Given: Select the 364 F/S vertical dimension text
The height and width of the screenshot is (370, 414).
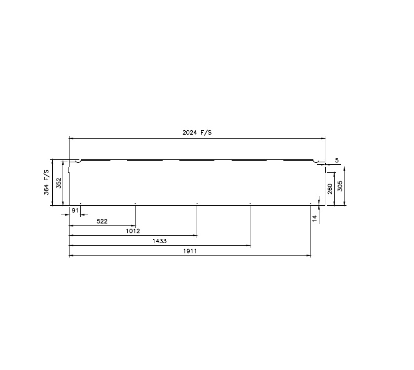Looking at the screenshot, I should [x=47, y=182].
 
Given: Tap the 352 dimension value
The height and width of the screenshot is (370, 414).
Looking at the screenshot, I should [x=58, y=183].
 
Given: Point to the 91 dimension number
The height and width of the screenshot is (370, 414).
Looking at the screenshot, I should [x=75, y=211].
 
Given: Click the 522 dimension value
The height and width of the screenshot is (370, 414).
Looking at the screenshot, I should [x=102, y=221].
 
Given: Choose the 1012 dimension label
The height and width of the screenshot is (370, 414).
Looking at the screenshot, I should [x=133, y=231].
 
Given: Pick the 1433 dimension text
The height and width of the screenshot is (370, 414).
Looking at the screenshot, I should [x=159, y=241].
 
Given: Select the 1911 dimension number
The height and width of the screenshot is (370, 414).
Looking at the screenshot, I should [x=190, y=251].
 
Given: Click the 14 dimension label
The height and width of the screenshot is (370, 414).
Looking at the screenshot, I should [x=315, y=218].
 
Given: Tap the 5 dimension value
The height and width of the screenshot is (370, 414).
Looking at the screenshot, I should [x=337, y=160].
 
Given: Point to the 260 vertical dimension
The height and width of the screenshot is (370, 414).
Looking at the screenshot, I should [x=330, y=189].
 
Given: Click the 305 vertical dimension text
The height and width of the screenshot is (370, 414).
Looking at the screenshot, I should [x=340, y=186].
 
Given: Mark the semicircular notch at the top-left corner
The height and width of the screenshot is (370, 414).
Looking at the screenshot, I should [x=78, y=160].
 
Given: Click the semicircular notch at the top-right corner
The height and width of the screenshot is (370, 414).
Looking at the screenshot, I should [x=316, y=160].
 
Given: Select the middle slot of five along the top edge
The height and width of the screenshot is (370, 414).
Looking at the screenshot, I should [x=197, y=160].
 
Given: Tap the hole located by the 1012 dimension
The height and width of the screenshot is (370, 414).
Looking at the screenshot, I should [x=197, y=203].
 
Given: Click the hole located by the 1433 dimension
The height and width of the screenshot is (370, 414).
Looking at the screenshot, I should [x=250, y=203].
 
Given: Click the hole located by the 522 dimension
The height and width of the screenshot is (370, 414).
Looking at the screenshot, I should [x=135, y=203].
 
